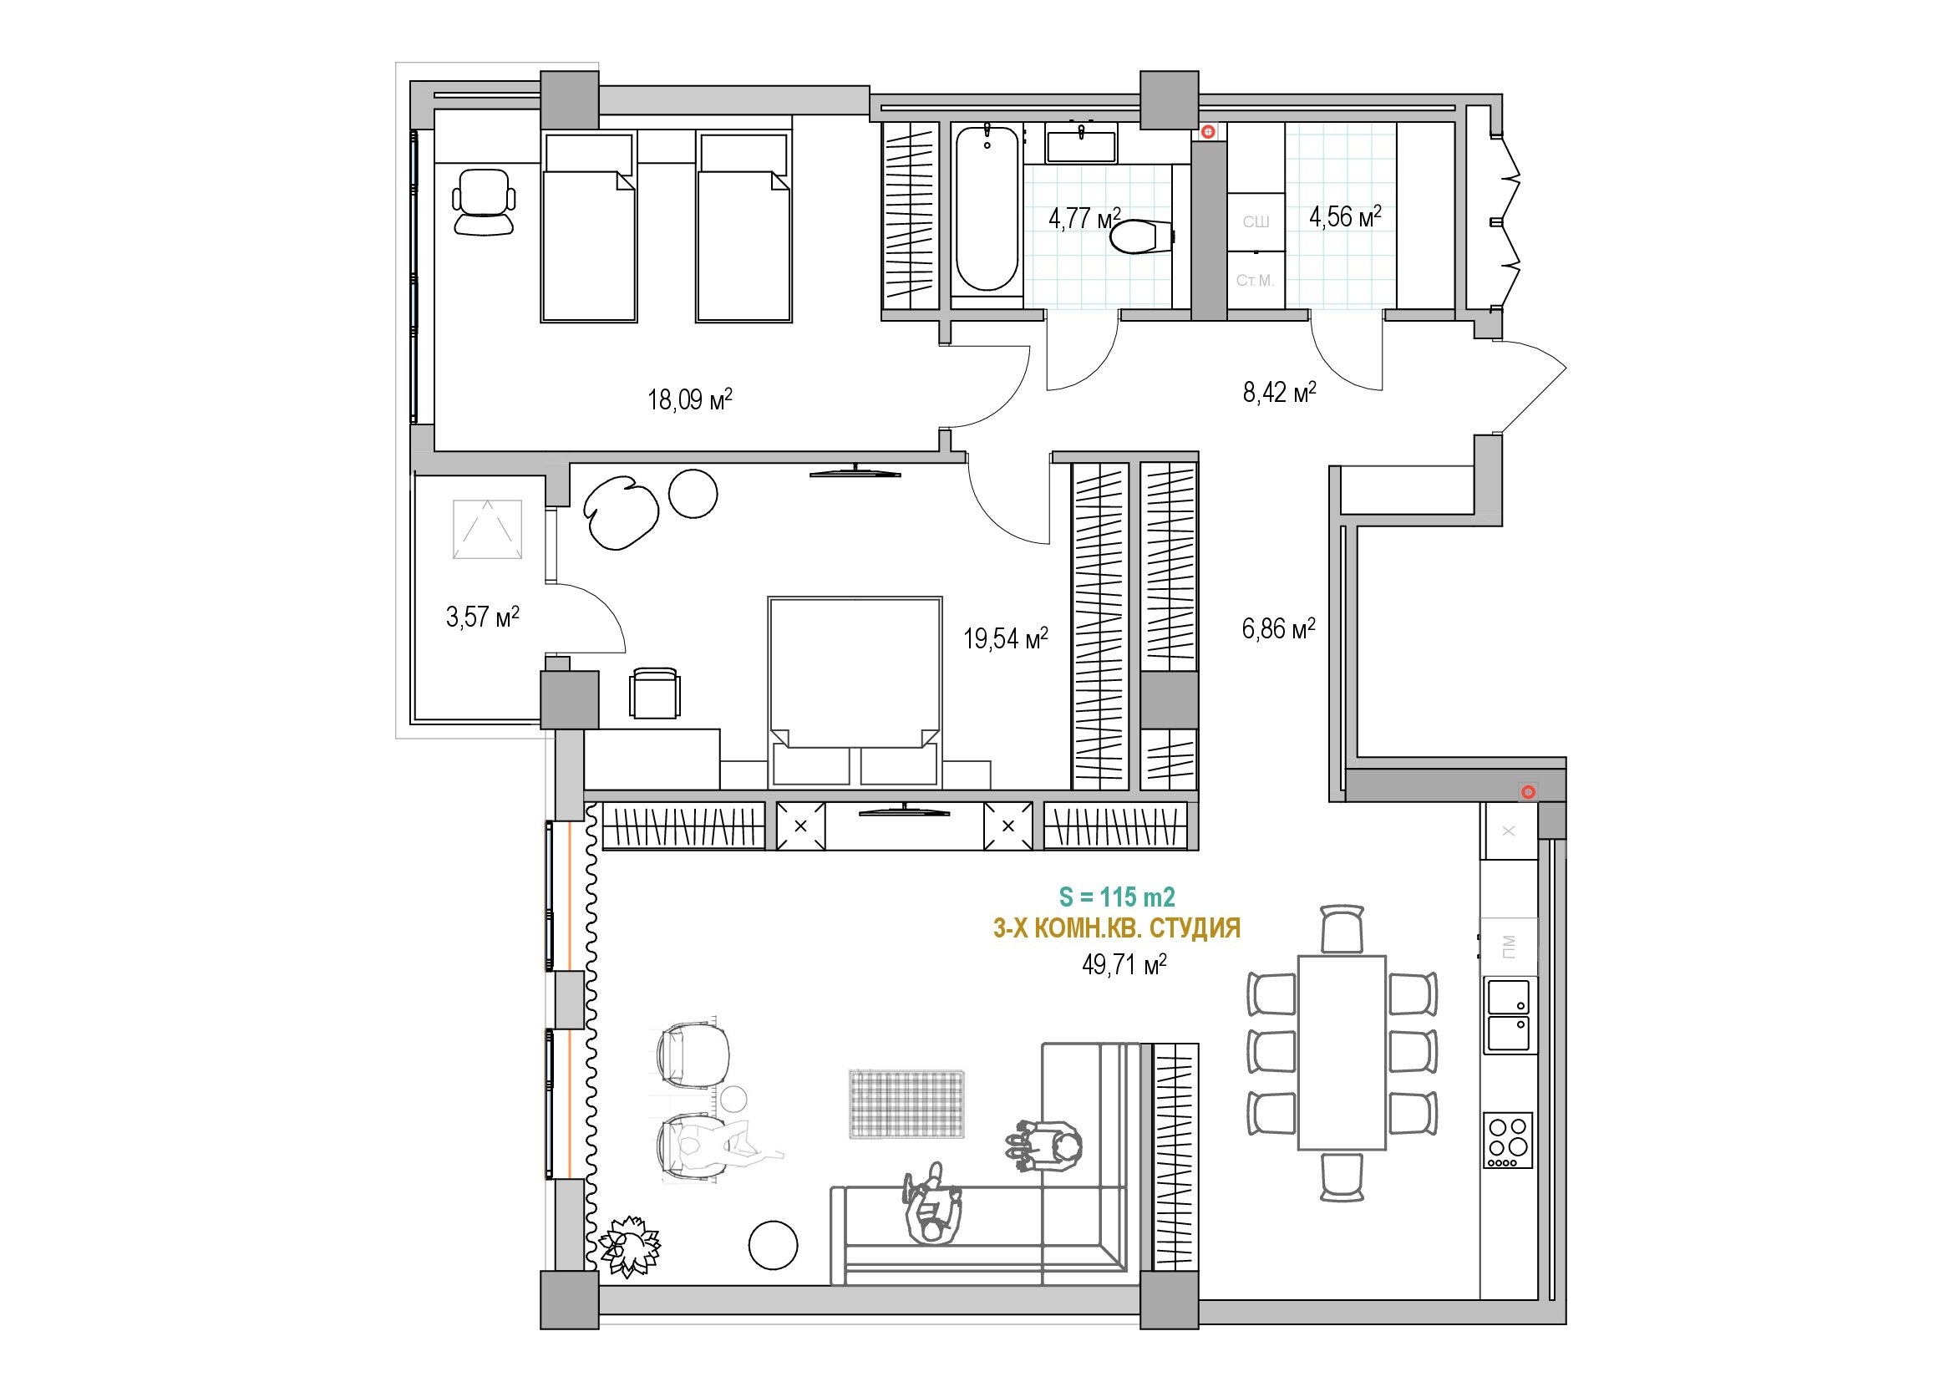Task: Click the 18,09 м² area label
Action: click(x=689, y=399)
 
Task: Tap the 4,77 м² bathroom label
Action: click(x=1084, y=218)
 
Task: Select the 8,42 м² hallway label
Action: click(x=1279, y=391)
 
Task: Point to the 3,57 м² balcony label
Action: click(x=483, y=616)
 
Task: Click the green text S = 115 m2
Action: click(x=1117, y=897)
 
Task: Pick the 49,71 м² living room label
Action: click(x=1124, y=964)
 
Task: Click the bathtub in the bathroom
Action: click(x=987, y=209)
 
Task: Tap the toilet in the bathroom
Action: click(x=1142, y=236)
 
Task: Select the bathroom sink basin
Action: click(x=1081, y=146)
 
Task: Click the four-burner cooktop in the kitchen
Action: click(x=1508, y=1141)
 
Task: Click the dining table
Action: click(x=1342, y=1053)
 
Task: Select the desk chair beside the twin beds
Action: click(x=484, y=201)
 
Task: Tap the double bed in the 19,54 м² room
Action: click(x=855, y=691)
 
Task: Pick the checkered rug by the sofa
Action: click(x=907, y=1103)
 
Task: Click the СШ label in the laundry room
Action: click(x=1256, y=222)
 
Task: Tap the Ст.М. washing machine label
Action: click(x=1256, y=280)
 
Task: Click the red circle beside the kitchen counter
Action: click(x=1529, y=792)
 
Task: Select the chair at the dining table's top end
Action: click(x=1342, y=929)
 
